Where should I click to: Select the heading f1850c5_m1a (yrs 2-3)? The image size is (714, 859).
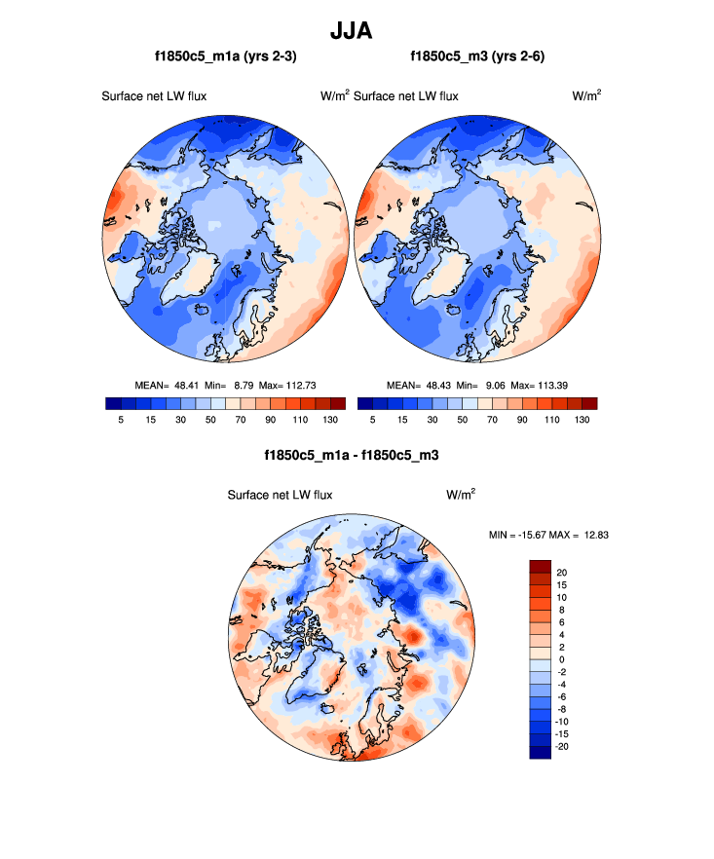click(226, 57)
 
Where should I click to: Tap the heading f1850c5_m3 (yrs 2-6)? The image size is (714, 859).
click(477, 57)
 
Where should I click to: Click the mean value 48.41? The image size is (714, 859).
click(187, 385)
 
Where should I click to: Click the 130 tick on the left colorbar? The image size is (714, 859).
click(329, 419)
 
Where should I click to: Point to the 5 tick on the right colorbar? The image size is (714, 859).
click(373, 419)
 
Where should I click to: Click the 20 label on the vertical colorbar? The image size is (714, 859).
click(562, 573)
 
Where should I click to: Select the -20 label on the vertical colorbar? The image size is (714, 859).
click(560, 746)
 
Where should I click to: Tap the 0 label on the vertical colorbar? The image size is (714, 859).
click(562, 659)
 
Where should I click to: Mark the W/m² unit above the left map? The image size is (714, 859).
click(334, 95)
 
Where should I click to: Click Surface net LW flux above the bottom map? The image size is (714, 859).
click(280, 495)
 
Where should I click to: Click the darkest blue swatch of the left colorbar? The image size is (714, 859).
click(113, 403)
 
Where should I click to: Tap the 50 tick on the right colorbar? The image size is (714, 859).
click(463, 419)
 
